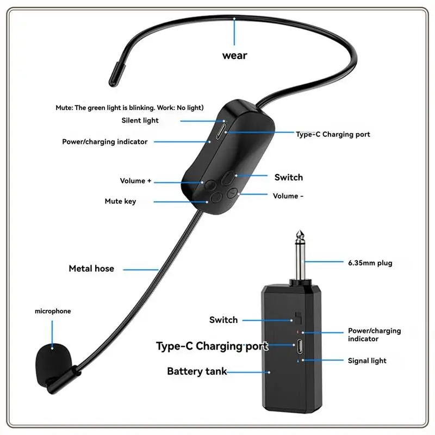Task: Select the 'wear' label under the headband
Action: [x=235, y=55]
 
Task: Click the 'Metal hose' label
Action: [x=91, y=269]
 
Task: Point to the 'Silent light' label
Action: [x=140, y=120]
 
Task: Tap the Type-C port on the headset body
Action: [x=220, y=132]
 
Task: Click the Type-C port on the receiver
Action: [x=300, y=346]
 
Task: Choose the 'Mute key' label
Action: [x=120, y=201]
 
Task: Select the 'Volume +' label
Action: [x=135, y=181]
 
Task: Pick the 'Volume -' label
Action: [x=288, y=196]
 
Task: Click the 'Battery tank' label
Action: [x=197, y=371]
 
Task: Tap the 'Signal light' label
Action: [x=367, y=361]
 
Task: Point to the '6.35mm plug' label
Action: [x=370, y=263]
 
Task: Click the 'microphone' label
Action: [x=53, y=311]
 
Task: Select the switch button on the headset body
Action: [x=229, y=178]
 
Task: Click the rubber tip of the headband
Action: [x=116, y=74]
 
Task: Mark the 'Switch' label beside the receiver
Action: [x=223, y=320]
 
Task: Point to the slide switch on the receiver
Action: [x=299, y=318]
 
